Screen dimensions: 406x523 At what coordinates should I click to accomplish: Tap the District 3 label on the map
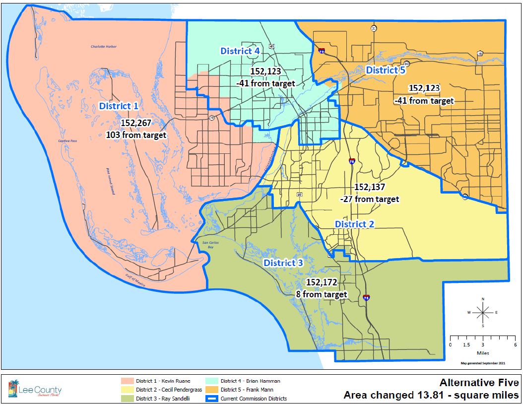coord(283,263)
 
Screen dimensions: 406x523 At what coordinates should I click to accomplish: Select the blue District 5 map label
coord(386,70)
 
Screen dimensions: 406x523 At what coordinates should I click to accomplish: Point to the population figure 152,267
coord(135,123)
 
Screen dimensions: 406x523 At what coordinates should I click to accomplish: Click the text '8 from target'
coord(321,294)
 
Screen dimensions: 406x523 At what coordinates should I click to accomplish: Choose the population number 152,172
coord(322,282)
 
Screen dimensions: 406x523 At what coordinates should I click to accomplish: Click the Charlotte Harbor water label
coord(103,47)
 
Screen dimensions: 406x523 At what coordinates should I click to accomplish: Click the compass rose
coord(483,312)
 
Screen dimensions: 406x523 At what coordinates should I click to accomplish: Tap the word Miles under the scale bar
coord(483,353)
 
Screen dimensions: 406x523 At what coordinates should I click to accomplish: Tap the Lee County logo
coord(35,390)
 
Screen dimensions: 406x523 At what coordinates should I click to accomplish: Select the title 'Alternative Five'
coord(479,383)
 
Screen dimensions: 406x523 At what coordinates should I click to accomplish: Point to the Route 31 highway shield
coord(373,28)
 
